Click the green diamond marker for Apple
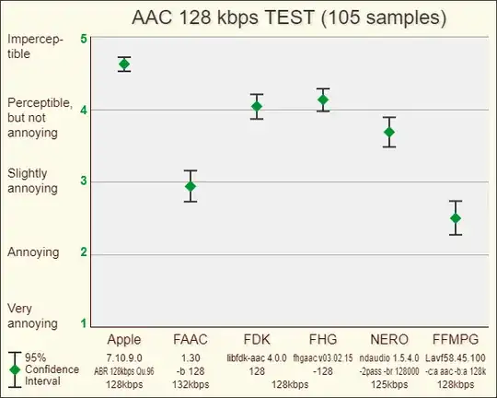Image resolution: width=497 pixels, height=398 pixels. (x=124, y=64)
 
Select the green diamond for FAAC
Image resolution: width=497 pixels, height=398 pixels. (x=191, y=186)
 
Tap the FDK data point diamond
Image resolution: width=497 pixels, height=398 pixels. (x=257, y=107)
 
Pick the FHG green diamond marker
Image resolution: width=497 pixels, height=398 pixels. (x=323, y=99)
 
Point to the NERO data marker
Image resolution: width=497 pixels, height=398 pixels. (x=389, y=133)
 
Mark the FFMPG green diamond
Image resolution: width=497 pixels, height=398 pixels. (x=456, y=218)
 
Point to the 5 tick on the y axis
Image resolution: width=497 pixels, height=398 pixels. (x=84, y=40)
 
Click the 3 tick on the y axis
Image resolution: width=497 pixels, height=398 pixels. (x=84, y=181)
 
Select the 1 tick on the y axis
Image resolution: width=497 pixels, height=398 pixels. (x=84, y=323)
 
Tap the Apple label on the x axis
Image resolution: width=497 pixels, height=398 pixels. (x=124, y=338)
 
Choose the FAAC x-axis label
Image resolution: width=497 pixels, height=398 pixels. (x=191, y=338)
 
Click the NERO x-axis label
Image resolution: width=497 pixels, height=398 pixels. (x=389, y=338)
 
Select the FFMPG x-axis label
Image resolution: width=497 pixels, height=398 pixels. (x=456, y=338)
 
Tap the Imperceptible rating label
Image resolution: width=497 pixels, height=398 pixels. (x=32, y=47)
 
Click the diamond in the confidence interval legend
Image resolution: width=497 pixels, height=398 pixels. (x=15, y=369)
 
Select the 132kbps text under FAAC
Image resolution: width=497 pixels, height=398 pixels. (x=191, y=384)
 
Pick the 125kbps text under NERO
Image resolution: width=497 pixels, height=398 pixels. (x=389, y=384)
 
